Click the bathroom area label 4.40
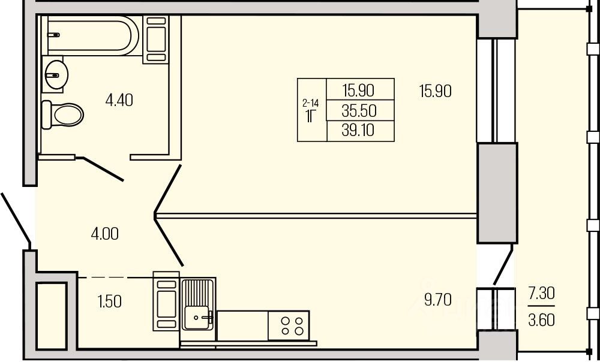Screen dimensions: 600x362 click(119, 99)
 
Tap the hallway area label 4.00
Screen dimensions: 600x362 click(104, 233)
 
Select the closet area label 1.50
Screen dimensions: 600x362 click(109, 301)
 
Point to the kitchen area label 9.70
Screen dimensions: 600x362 click(437, 299)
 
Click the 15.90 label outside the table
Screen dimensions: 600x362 click(435, 91)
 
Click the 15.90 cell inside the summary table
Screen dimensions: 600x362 click(358, 90)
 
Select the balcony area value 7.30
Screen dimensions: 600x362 click(541, 294)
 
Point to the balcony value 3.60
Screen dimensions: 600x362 click(541, 319)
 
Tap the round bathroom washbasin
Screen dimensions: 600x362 click(56, 74)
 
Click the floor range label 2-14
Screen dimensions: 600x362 click(311, 103)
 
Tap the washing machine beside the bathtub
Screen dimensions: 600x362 click(155, 40)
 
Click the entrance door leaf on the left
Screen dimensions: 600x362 click(15, 218)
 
